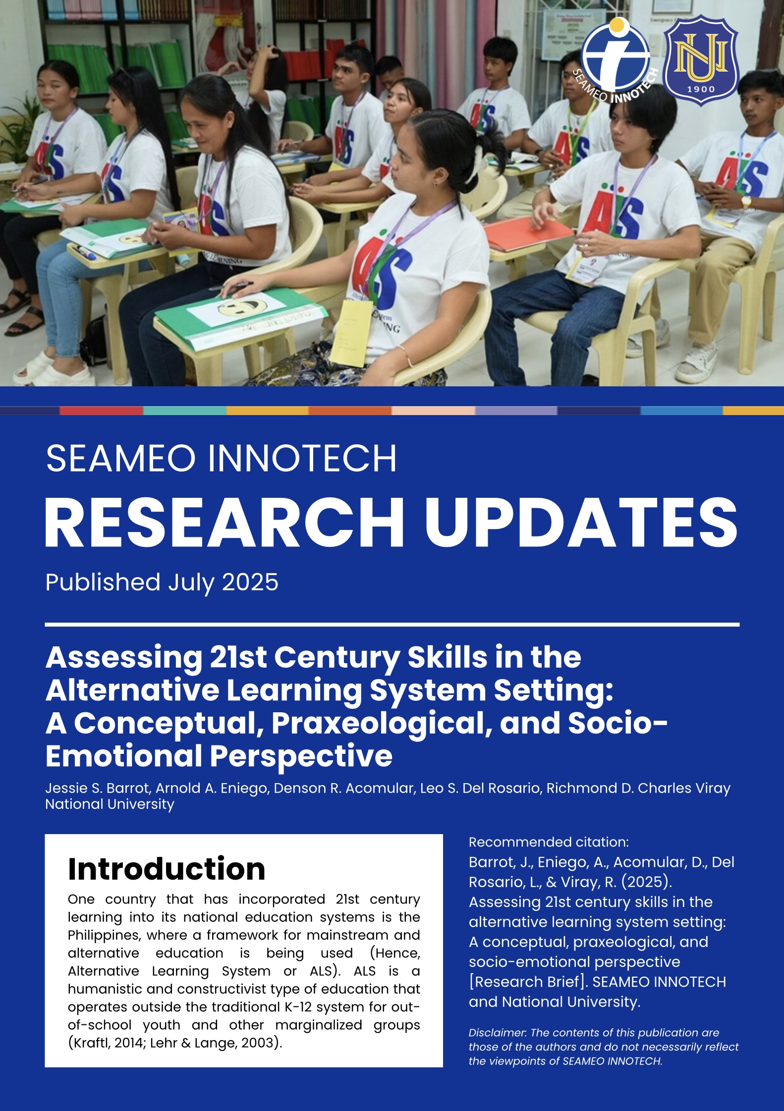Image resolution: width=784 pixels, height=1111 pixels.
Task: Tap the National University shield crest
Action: [x=701, y=60]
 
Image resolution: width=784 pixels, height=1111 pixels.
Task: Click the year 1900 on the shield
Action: [x=701, y=89]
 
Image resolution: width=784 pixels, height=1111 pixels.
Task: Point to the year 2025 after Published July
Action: [x=250, y=582]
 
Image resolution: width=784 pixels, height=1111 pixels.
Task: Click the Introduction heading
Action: [x=167, y=869]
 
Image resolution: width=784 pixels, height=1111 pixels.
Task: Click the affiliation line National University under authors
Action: [x=110, y=804]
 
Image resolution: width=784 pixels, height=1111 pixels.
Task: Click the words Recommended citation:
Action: [x=549, y=842]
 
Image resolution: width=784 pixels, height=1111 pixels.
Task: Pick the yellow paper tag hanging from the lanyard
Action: [x=351, y=333]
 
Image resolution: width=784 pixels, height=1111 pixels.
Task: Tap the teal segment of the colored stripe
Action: [x=185, y=411]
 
